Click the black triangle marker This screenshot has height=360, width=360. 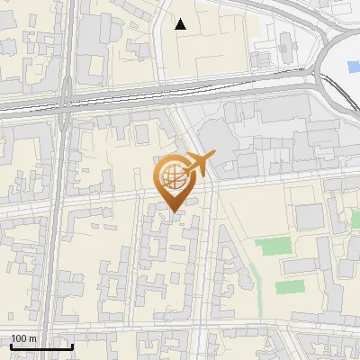pos(181,24)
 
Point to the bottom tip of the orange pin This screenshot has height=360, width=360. pos(173,211)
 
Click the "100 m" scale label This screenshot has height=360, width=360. pos(24,338)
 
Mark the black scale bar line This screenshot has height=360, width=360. pos(41,346)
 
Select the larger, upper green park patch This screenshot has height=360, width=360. pos(273,245)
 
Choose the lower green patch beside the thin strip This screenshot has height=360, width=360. pos(290,287)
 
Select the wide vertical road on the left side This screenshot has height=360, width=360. pos(55,225)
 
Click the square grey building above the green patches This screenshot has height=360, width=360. pos(309,216)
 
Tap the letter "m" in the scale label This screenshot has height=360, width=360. pos(32,338)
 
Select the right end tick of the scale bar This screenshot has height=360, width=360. pos(72,345)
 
